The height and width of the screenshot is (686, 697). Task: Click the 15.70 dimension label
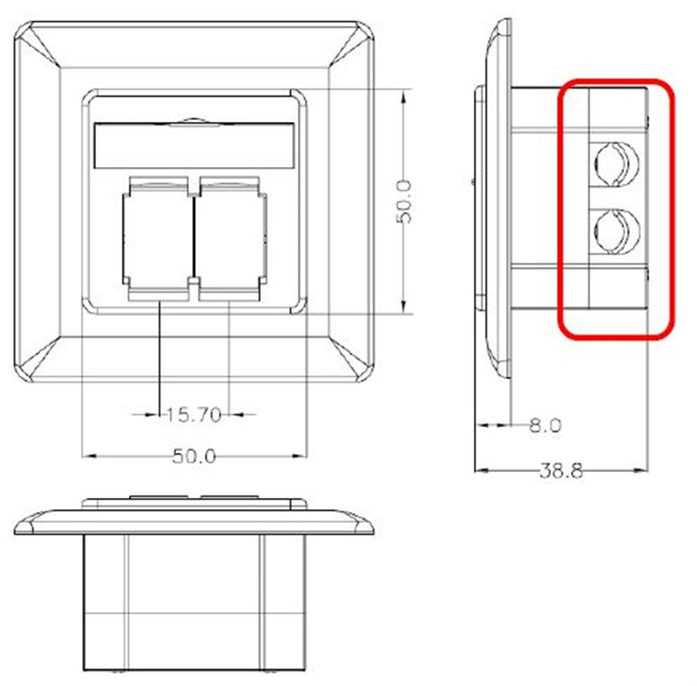(193, 414)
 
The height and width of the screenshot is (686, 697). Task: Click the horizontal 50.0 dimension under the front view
(194, 457)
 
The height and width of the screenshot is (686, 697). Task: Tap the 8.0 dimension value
(544, 425)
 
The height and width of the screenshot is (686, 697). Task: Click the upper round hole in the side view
(616, 162)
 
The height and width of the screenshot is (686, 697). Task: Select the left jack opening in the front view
(159, 236)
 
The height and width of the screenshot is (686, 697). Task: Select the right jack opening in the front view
(231, 236)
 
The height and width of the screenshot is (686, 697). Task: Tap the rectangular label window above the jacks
(194, 144)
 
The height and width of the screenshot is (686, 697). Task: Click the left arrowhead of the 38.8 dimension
(479, 470)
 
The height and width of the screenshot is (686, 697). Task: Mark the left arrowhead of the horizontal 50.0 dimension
(87, 455)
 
